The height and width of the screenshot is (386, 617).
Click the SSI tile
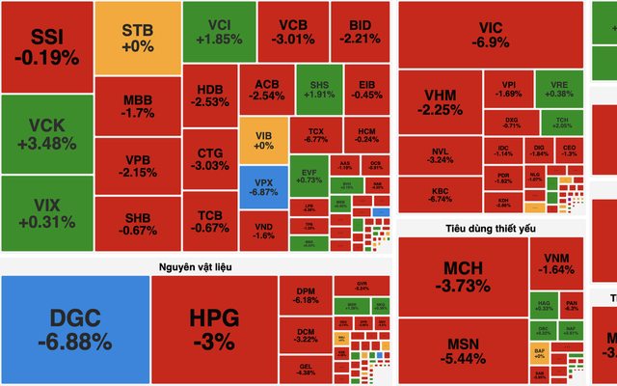click(x=46, y=46)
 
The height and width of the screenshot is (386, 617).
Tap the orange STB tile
click(x=138, y=37)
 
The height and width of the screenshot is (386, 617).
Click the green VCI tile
click(x=218, y=31)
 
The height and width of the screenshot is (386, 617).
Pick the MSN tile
click(x=462, y=352)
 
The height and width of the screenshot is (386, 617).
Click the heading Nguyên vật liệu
click(x=199, y=264)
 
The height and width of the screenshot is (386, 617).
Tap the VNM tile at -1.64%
click(x=557, y=263)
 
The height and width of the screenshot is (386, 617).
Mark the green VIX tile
click(x=46, y=213)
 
